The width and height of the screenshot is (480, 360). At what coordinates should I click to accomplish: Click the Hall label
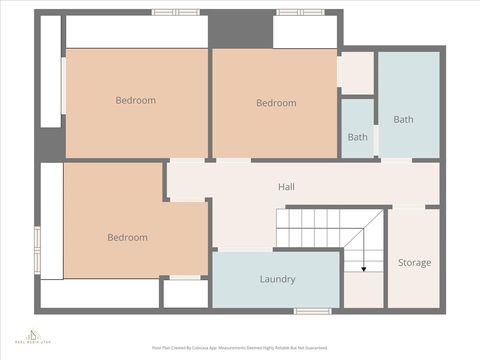tap(286, 187)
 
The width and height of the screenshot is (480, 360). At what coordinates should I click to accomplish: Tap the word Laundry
tap(277, 279)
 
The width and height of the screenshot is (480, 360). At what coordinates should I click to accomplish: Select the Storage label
tap(414, 263)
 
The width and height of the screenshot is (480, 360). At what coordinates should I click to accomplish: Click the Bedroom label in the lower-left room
tap(127, 238)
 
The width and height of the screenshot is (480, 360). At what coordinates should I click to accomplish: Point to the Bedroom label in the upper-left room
tap(135, 100)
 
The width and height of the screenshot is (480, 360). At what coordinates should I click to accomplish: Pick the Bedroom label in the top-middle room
tap(276, 103)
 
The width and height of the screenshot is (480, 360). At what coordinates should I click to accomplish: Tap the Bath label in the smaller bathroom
tap(357, 137)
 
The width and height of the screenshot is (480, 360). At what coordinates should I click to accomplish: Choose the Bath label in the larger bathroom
tap(403, 120)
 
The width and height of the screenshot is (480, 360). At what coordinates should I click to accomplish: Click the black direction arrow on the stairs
tap(363, 267)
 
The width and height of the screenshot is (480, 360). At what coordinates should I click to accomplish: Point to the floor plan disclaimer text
tap(240, 348)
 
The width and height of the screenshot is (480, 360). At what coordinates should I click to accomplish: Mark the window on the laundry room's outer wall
tap(313, 311)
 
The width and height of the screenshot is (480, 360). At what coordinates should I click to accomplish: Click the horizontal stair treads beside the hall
tap(309, 227)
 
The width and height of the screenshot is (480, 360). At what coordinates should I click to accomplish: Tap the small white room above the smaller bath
tap(356, 73)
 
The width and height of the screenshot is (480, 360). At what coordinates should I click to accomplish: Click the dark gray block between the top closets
tap(240, 28)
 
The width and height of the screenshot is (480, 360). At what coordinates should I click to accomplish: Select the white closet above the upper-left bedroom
tap(136, 32)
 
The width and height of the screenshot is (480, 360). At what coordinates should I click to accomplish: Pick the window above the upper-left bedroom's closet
tap(175, 12)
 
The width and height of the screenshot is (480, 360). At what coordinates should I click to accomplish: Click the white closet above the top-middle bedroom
tap(305, 32)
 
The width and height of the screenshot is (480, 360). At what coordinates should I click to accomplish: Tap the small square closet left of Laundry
tap(185, 293)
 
